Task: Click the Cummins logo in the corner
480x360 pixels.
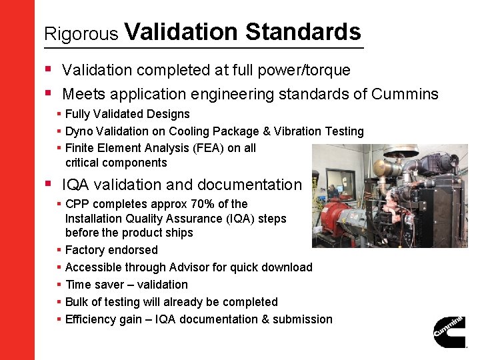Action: [449, 331]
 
